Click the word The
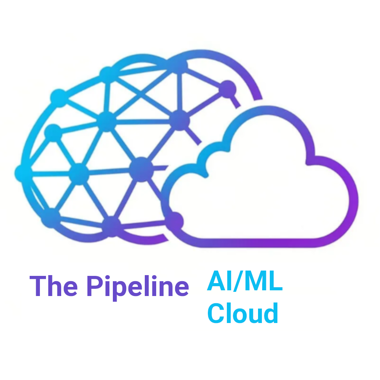[x=54, y=286]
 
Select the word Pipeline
[x=138, y=288]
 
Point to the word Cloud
[x=243, y=313]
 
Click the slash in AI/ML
[x=238, y=281]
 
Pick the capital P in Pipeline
[x=95, y=286]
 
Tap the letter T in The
[x=38, y=286]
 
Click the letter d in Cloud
[x=271, y=313]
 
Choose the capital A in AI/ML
[x=217, y=280]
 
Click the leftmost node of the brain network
[x=24, y=173]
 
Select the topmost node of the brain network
[x=179, y=65]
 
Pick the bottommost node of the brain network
[x=111, y=226]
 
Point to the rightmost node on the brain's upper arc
[x=227, y=89]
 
